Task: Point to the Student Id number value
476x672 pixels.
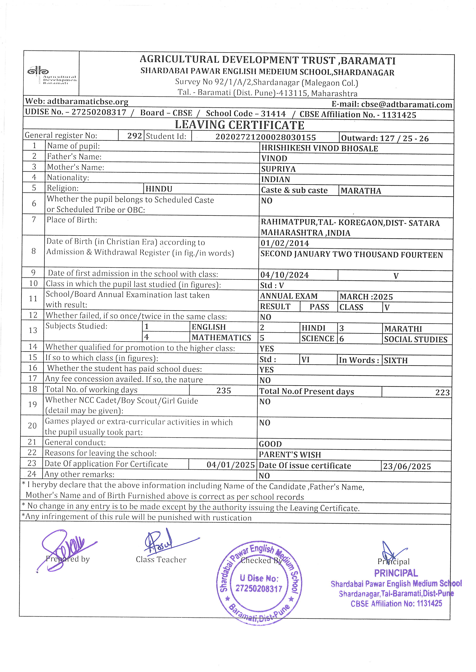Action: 266,137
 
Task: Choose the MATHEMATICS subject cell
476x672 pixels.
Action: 221,338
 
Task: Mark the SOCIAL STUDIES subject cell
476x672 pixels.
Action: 416,340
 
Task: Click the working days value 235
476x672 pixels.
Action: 224,391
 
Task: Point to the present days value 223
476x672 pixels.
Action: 442,392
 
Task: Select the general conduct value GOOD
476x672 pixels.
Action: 270,444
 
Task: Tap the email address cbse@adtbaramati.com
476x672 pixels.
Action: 407,104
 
